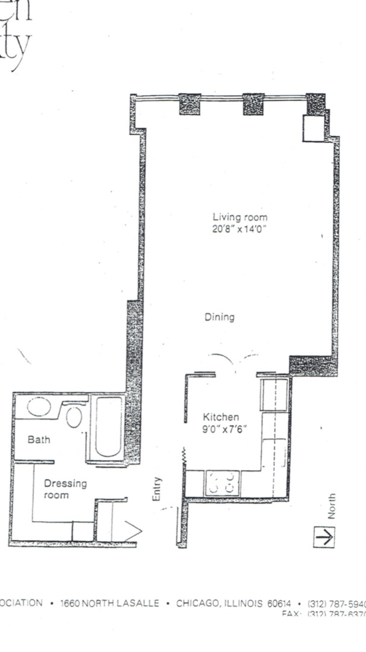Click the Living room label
239,217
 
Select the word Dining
219,317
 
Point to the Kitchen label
221,417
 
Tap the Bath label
39,439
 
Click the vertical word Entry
157,490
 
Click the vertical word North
331,507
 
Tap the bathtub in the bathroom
109,426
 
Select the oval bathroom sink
39,407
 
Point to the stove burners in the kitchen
224,483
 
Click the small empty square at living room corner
314,129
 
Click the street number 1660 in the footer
71,603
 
